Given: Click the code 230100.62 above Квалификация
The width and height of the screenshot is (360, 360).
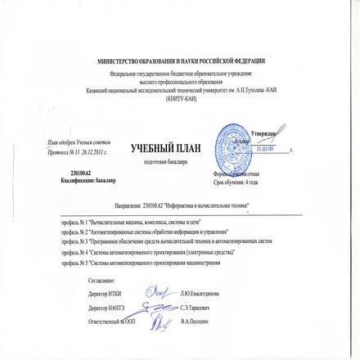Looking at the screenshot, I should click(x=79, y=173).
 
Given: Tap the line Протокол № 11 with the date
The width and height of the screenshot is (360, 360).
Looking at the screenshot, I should click(x=79, y=153).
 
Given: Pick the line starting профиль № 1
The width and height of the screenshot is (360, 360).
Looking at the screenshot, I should click(x=130, y=223).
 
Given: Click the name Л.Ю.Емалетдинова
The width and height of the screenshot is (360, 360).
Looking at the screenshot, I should click(x=200, y=291).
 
